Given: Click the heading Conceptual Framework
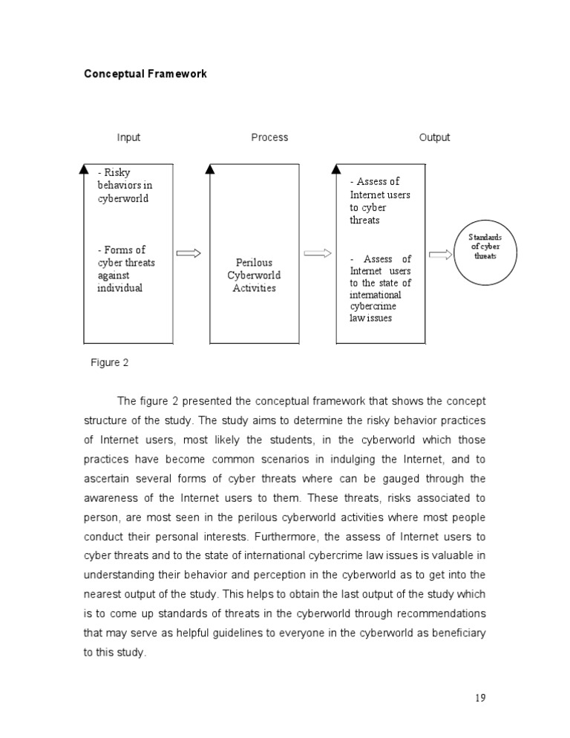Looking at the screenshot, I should [x=145, y=74].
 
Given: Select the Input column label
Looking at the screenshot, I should [x=128, y=137].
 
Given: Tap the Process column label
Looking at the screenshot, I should [x=269, y=137].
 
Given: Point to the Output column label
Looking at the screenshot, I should [x=434, y=137].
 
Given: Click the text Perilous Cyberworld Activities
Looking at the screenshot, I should [x=254, y=275].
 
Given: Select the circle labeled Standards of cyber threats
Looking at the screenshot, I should [x=485, y=253].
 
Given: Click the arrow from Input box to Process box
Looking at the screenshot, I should [x=189, y=254].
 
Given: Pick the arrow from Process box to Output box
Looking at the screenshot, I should [x=318, y=254].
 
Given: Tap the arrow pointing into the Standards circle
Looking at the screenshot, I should [x=439, y=255].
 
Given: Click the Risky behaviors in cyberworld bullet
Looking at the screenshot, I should [x=124, y=186].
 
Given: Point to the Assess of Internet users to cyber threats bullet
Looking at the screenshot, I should [x=379, y=200].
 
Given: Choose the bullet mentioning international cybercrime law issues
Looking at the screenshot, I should [x=380, y=289].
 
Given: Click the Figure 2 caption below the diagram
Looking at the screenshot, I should [x=110, y=362].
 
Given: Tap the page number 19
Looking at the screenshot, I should [x=479, y=697].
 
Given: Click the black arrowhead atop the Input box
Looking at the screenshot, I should [x=84, y=170].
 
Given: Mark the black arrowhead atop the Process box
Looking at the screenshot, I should [x=210, y=170].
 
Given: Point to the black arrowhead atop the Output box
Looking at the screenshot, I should [x=336, y=170].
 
